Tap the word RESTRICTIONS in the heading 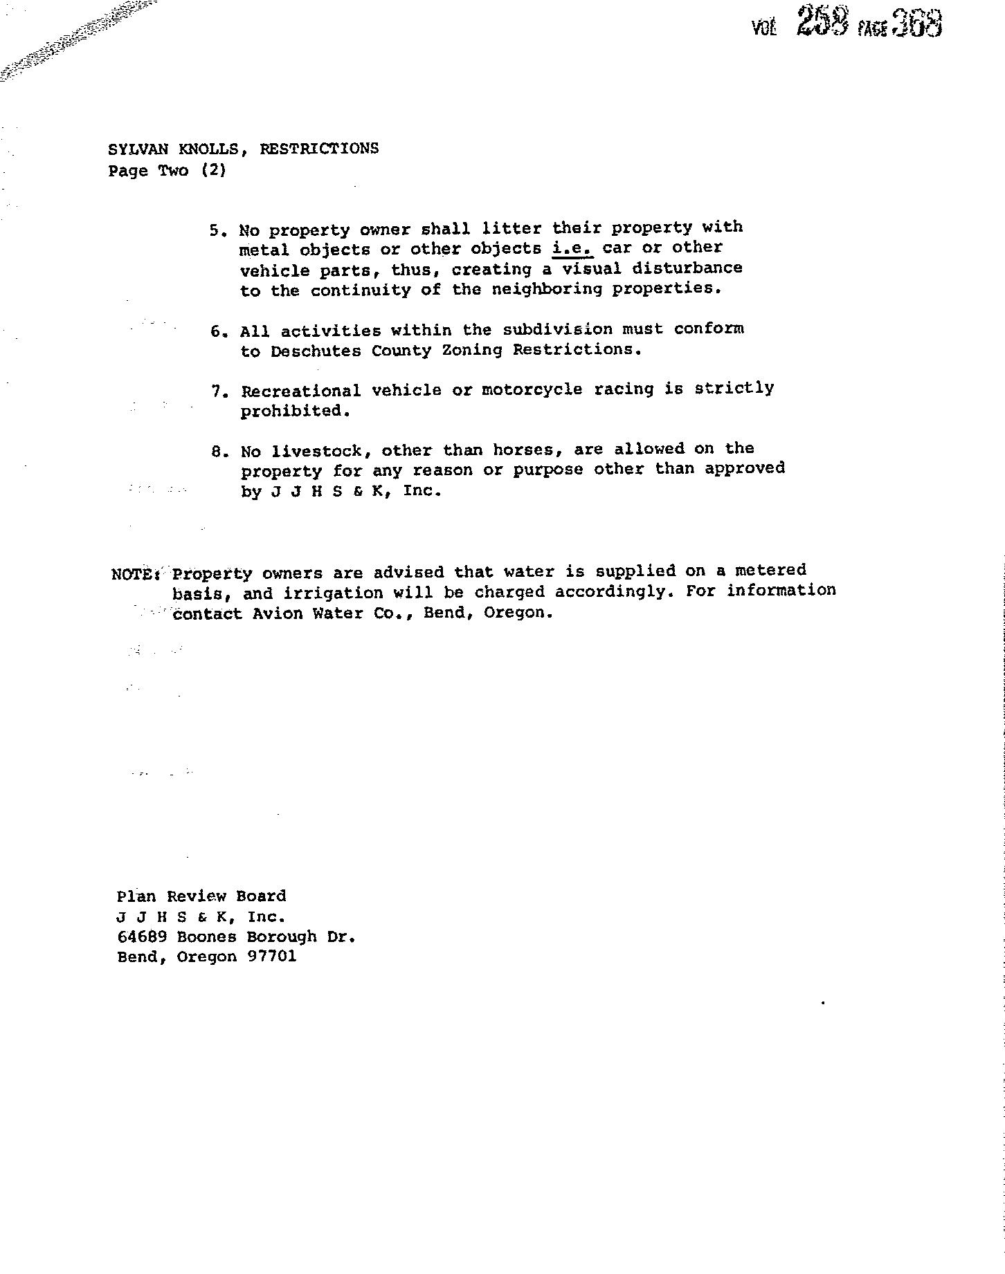(x=319, y=148)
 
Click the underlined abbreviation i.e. (x=572, y=248)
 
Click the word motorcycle (x=532, y=389)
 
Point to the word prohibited (x=291, y=411)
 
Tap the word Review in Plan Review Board (x=197, y=896)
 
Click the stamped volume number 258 (x=822, y=22)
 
